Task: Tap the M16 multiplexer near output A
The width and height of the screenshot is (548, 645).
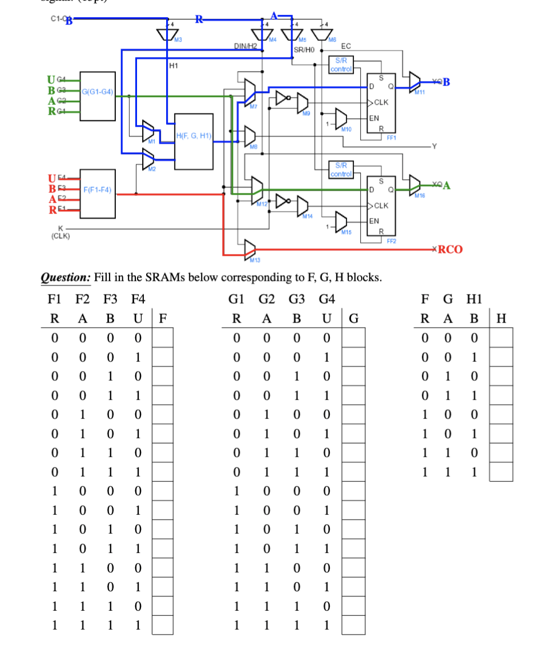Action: coord(416,184)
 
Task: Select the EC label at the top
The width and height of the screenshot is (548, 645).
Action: coord(345,46)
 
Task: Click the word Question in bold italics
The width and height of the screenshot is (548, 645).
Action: coord(63,278)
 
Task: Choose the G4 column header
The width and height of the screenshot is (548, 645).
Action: coord(327,299)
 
